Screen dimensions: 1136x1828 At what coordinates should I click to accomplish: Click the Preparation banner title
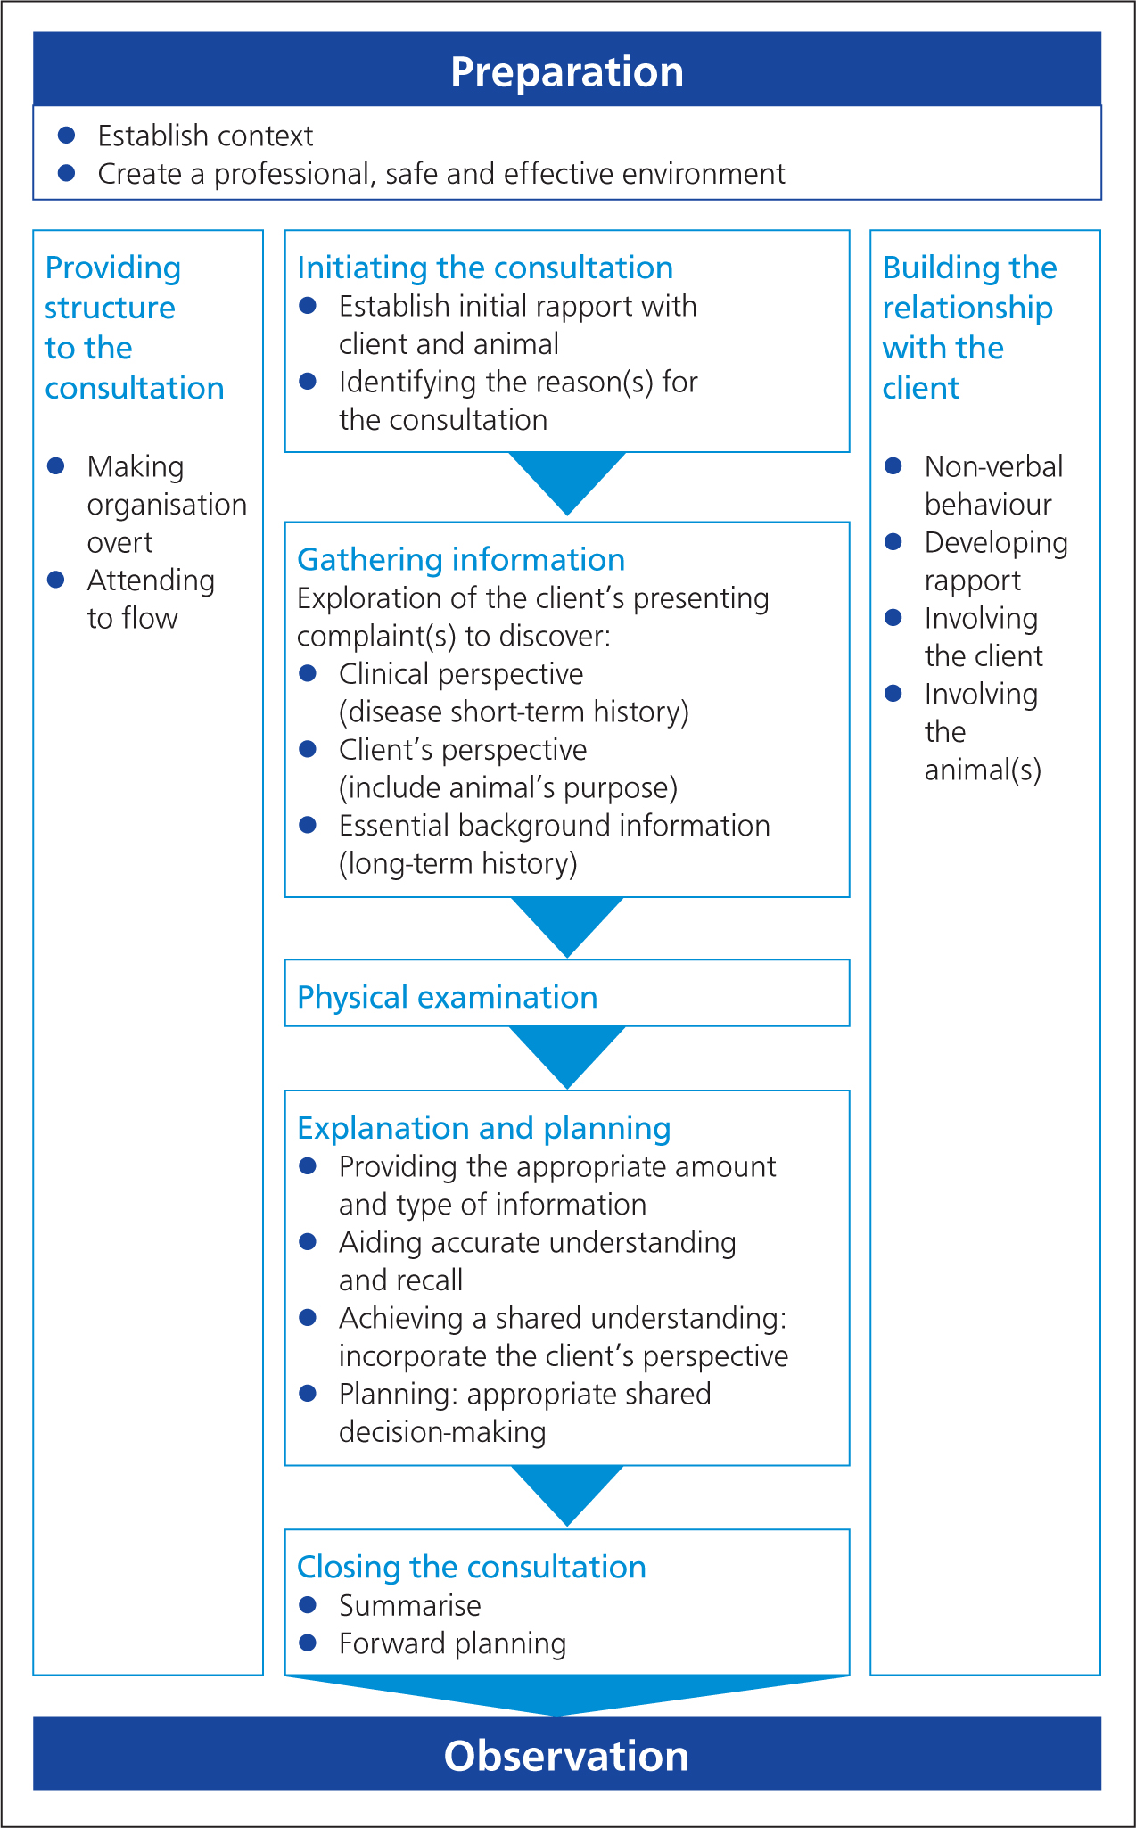[x=567, y=72]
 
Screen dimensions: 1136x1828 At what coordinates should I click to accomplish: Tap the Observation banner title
[x=567, y=1756]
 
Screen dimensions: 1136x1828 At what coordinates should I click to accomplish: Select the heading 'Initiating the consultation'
[x=485, y=268]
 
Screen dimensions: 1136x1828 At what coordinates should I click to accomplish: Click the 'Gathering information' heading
[x=461, y=559]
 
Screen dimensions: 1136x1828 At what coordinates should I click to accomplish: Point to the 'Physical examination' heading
[x=448, y=997]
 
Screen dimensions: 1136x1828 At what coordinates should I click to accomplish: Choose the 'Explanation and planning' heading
[x=484, y=1128]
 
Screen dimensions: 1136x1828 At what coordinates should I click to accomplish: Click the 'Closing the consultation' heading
[x=472, y=1567]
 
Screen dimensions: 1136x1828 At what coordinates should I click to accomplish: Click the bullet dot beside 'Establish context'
[x=66, y=135]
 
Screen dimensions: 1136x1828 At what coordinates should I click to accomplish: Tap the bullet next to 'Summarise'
[x=309, y=1605]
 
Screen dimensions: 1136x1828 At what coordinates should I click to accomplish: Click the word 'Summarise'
[x=410, y=1606]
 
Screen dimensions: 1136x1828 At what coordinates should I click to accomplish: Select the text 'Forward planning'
[x=453, y=1643]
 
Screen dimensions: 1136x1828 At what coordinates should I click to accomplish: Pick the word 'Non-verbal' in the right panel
[x=994, y=466]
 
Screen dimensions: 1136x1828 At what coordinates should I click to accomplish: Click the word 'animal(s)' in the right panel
[x=983, y=770]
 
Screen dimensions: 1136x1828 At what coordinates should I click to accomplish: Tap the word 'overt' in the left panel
[x=120, y=542]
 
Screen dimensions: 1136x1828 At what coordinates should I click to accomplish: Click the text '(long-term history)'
[x=458, y=863]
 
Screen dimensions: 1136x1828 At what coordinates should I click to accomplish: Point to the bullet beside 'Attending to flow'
[x=56, y=580]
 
